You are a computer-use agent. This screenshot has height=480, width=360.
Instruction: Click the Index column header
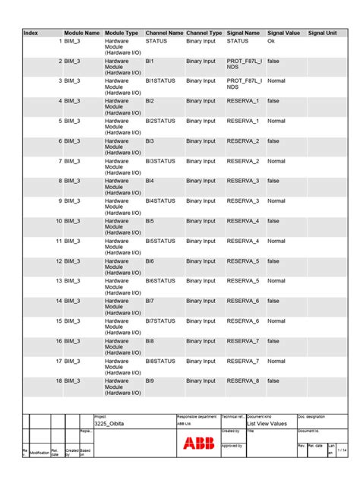[x=31, y=33]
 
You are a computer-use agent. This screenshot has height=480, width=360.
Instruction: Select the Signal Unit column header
[x=322, y=33]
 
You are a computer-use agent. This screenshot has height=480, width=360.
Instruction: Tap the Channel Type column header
[x=204, y=33]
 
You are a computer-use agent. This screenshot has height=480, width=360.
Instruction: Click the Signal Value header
[x=283, y=33]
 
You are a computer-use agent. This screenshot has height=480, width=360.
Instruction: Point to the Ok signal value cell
[x=271, y=40]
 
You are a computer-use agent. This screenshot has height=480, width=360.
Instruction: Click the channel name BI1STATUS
[x=160, y=81]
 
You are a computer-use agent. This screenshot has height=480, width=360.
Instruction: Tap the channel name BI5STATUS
[x=160, y=241]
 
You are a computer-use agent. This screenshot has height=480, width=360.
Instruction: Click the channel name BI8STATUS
[x=160, y=361]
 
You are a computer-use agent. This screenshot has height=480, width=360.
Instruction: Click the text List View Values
[x=267, y=424]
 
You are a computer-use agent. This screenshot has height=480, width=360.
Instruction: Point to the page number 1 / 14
[x=341, y=450]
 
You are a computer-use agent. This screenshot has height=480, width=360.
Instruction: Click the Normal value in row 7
[x=276, y=161]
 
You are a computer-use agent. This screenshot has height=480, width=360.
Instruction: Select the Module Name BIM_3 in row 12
[x=72, y=261]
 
